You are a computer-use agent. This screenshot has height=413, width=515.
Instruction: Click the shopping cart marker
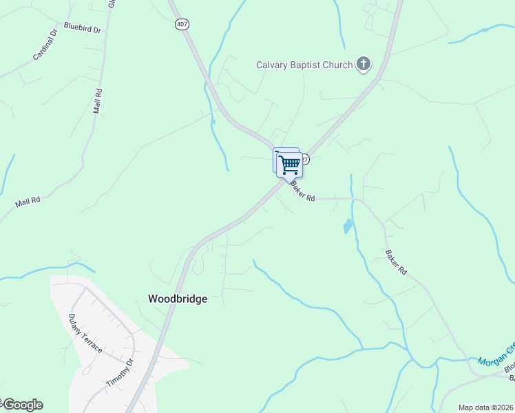point(289,164)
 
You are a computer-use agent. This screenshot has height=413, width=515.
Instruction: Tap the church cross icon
point(364,65)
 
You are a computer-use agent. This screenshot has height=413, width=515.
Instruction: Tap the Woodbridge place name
point(178,299)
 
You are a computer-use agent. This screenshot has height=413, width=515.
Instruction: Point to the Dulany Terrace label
point(85,333)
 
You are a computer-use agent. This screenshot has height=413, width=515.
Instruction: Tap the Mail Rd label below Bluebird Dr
point(98,100)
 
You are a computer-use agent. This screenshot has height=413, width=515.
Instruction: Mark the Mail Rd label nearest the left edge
point(28,202)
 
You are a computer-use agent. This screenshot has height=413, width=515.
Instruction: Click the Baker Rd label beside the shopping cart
point(302,192)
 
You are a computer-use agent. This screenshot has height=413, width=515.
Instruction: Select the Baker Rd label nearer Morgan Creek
point(396,262)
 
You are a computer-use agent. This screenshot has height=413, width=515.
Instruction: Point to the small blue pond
point(348,226)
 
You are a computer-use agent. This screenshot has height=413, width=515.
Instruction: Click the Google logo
point(22,405)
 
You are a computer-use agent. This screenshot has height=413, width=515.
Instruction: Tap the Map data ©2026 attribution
point(485,407)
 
